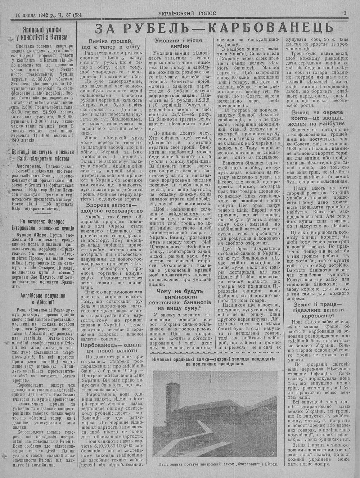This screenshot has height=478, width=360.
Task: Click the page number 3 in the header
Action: (345, 13)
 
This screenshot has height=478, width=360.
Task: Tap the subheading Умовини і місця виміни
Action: (178, 43)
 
